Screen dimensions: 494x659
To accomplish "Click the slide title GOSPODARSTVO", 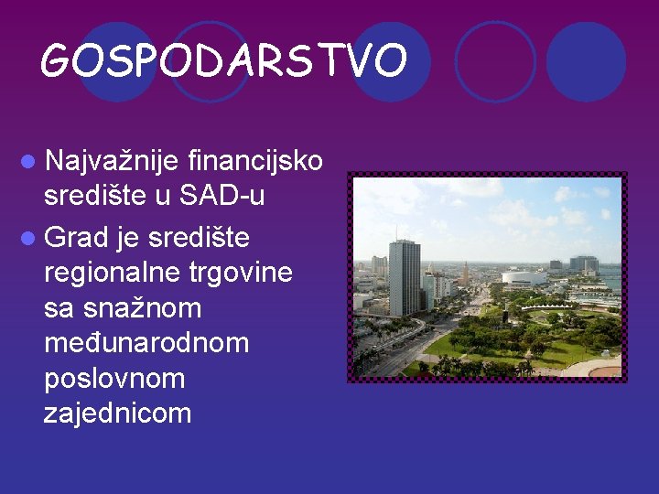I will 223,61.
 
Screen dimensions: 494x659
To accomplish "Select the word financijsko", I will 254,162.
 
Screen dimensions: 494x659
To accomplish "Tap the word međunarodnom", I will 146,343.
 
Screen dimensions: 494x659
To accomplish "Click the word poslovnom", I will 114,378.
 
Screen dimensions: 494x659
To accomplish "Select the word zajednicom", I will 118,413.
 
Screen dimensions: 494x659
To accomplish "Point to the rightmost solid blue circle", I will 586,61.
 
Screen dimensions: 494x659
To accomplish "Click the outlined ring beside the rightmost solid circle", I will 494,61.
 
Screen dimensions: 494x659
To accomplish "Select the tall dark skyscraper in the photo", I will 404,277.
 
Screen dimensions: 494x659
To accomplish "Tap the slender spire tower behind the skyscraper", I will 465,273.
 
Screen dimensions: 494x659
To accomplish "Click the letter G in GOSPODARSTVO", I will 58,61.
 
